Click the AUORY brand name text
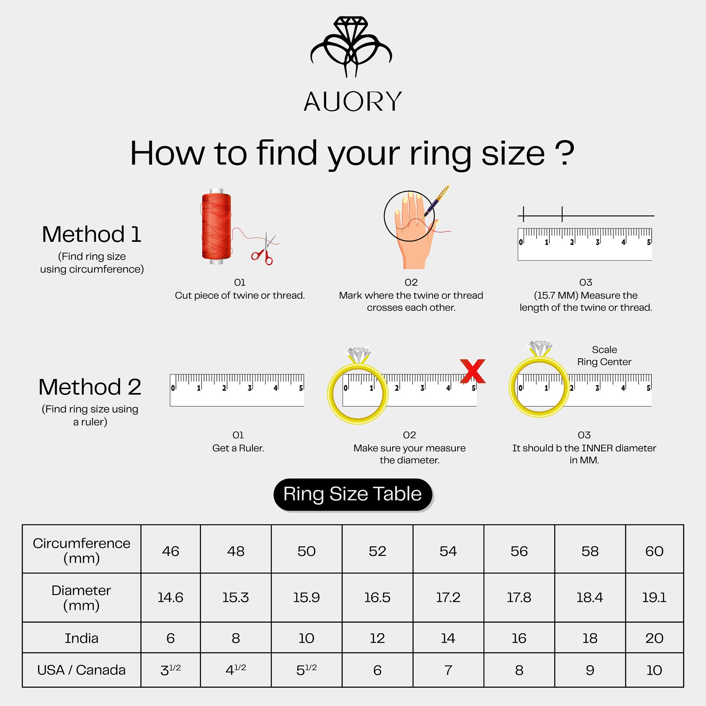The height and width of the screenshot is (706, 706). pyautogui.click(x=353, y=102)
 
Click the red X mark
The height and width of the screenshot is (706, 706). pyautogui.click(x=473, y=371)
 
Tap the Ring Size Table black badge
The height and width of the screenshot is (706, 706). pyautogui.click(x=353, y=494)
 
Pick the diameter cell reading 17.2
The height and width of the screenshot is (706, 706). pyautogui.click(x=448, y=598)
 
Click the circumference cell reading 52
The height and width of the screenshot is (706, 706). pyautogui.click(x=377, y=551)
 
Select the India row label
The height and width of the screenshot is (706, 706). pyautogui.click(x=82, y=638)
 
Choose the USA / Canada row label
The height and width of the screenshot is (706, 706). pyautogui.click(x=82, y=670)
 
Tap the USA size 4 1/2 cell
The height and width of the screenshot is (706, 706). pyautogui.click(x=236, y=670)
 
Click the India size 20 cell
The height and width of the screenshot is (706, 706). pyautogui.click(x=654, y=638)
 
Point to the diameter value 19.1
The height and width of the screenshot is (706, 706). pyautogui.click(x=654, y=598)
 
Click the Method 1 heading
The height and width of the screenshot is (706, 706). pyautogui.click(x=91, y=234)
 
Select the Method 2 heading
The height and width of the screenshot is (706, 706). pyautogui.click(x=90, y=387)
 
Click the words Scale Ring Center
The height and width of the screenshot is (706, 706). pyautogui.click(x=604, y=355)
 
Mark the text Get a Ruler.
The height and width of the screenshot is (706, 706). pyautogui.click(x=238, y=448)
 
